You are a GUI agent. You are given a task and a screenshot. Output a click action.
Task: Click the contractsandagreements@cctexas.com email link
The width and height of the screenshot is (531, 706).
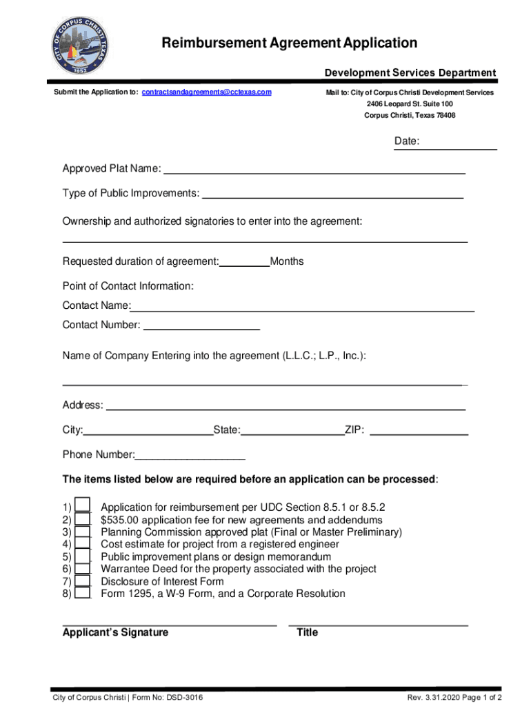pyautogui.click(x=206, y=92)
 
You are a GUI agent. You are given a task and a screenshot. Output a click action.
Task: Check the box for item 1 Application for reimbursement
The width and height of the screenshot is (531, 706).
pyautogui.click(x=83, y=506)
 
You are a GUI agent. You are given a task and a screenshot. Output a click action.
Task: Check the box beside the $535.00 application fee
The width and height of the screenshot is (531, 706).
pyautogui.click(x=83, y=519)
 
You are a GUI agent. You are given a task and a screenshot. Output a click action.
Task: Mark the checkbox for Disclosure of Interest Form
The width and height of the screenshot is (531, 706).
pyautogui.click(x=83, y=581)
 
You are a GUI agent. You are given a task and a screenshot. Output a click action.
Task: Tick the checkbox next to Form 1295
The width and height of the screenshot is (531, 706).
pyautogui.click(x=83, y=594)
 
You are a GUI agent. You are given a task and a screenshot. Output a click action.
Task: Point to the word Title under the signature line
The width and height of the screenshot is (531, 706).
pyautogui.click(x=307, y=632)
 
